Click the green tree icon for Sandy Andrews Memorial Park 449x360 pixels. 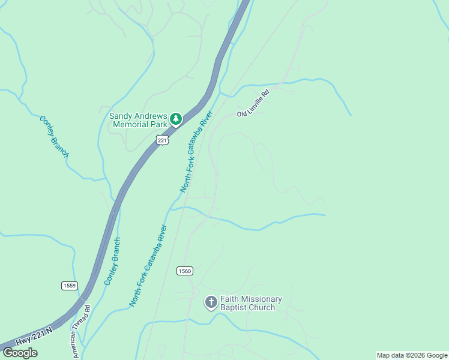[x=175, y=119]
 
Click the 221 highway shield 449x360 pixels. [x=161, y=140]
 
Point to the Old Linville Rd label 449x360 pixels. [x=254, y=102]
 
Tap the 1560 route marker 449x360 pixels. [x=184, y=271]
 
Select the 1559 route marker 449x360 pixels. [x=69, y=286]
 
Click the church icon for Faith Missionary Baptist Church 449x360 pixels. [x=211, y=302]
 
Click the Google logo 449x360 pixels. [x=19, y=353]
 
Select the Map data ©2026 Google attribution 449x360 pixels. [x=412, y=355]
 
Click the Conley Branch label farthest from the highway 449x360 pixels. [x=54, y=137]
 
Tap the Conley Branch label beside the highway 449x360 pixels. [x=112, y=261]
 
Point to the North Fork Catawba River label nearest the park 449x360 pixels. [x=197, y=151]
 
